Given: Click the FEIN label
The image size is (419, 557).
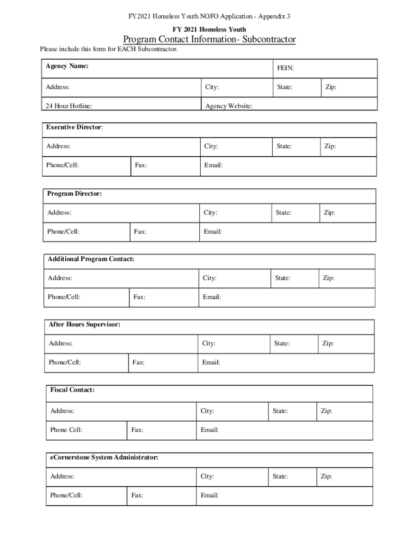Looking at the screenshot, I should (x=285, y=69).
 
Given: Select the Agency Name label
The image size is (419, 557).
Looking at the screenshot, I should (x=67, y=66).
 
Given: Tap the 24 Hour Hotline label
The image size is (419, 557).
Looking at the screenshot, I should (x=69, y=106).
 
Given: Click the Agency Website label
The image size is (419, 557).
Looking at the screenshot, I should (x=229, y=106).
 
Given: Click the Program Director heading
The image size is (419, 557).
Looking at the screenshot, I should (x=75, y=194).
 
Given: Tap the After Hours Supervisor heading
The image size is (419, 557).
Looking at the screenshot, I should (x=84, y=325).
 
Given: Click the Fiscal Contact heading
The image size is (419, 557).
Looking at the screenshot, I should (x=72, y=390).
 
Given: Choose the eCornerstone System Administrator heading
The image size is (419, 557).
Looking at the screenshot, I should (x=104, y=457).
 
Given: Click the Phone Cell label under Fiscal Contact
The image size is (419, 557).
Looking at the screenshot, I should (x=66, y=430).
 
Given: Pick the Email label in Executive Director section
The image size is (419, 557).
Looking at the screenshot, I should (x=213, y=165).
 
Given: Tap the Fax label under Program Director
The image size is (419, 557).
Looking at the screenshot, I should (x=140, y=232).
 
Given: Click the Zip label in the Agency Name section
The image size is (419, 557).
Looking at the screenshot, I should (x=331, y=87).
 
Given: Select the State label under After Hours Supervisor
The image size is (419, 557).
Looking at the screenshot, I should (x=282, y=343).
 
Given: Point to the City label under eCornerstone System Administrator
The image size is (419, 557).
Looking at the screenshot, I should (x=207, y=476).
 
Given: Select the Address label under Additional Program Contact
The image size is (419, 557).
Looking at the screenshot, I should (x=60, y=278).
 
